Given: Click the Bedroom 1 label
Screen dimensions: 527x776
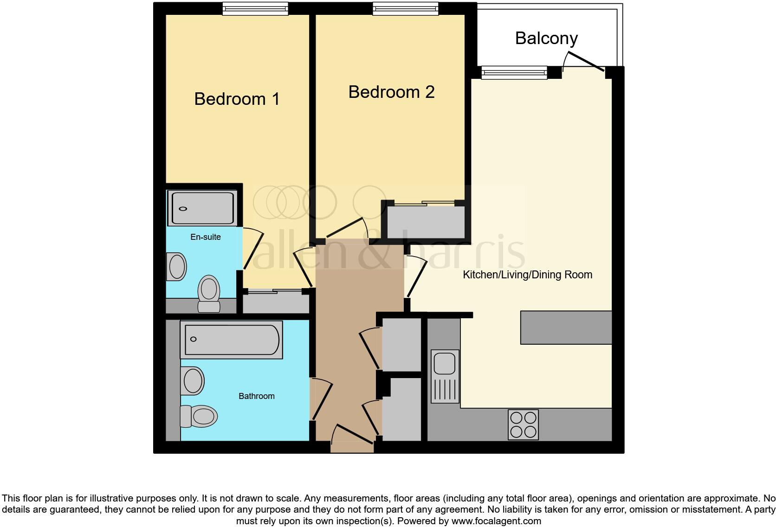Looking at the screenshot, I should pyautogui.click(x=237, y=99).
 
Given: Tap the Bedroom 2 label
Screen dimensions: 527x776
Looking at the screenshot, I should pyautogui.click(x=391, y=92).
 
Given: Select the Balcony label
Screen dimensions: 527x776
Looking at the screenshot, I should pyautogui.click(x=546, y=38).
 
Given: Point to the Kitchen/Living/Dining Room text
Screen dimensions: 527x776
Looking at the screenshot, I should pyautogui.click(x=527, y=275).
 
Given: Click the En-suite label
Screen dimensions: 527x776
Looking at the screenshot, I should pyautogui.click(x=206, y=237).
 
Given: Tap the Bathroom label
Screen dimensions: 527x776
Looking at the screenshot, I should pyautogui.click(x=256, y=396).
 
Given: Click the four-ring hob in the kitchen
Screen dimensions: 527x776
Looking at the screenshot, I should pyautogui.click(x=524, y=424).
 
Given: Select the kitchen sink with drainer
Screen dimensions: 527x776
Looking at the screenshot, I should pyautogui.click(x=445, y=376).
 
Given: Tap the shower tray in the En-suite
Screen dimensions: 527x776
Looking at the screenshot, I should pyautogui.click(x=203, y=208).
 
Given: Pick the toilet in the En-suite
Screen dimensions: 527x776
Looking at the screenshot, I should pyautogui.click(x=209, y=295).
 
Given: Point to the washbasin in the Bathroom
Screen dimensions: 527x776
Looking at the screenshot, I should pyautogui.click(x=193, y=380).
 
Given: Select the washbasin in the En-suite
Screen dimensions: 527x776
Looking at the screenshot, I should pyautogui.click(x=177, y=267).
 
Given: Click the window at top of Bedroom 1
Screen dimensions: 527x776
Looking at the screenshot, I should pyautogui.click(x=255, y=8).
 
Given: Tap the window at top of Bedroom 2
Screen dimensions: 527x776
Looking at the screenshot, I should pyautogui.click(x=405, y=8).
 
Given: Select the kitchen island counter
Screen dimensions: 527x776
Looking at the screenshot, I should pyautogui.click(x=566, y=328).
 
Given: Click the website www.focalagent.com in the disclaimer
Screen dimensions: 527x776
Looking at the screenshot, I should pyautogui.click(x=496, y=521).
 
